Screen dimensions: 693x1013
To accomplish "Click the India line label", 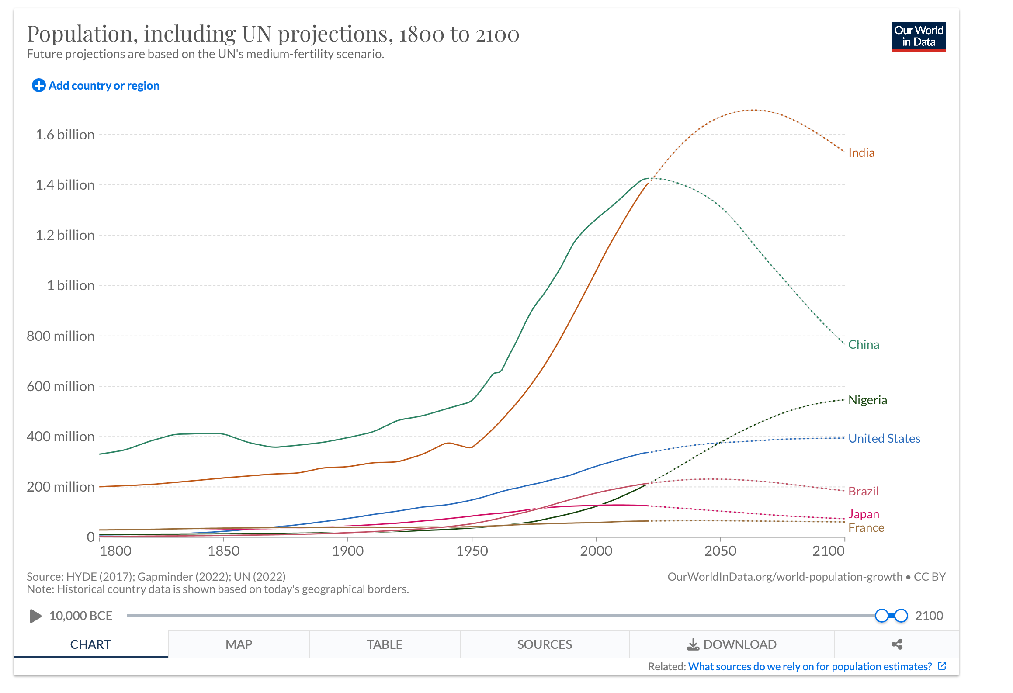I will tap(861, 152).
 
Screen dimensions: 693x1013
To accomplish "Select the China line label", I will tap(863, 344).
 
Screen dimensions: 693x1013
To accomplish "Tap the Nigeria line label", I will tap(867, 400).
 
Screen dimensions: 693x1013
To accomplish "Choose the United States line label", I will tap(884, 438).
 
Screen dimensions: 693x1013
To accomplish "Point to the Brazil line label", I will tap(863, 491).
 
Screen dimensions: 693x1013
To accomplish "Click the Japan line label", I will tap(863, 514).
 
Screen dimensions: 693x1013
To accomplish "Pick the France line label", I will tap(866, 527).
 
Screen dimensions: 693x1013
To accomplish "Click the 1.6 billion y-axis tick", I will tap(65, 135).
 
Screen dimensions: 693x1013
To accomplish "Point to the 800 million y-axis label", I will tap(60, 336).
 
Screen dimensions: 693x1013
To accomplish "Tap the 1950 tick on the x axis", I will tap(472, 551).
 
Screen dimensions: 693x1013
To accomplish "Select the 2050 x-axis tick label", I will tap(720, 551).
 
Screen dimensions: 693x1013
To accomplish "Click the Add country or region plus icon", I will tap(38, 86).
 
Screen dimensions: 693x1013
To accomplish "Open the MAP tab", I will tap(239, 644).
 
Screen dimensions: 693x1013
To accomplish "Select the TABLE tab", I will tap(384, 644).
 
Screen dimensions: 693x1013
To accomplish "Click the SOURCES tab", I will tap(544, 644).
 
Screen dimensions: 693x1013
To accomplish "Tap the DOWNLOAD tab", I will tap(732, 644).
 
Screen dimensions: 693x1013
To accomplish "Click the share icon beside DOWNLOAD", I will tap(897, 644).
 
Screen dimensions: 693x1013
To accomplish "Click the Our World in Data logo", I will tap(918, 37).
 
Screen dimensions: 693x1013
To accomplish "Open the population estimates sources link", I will tap(809, 666).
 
